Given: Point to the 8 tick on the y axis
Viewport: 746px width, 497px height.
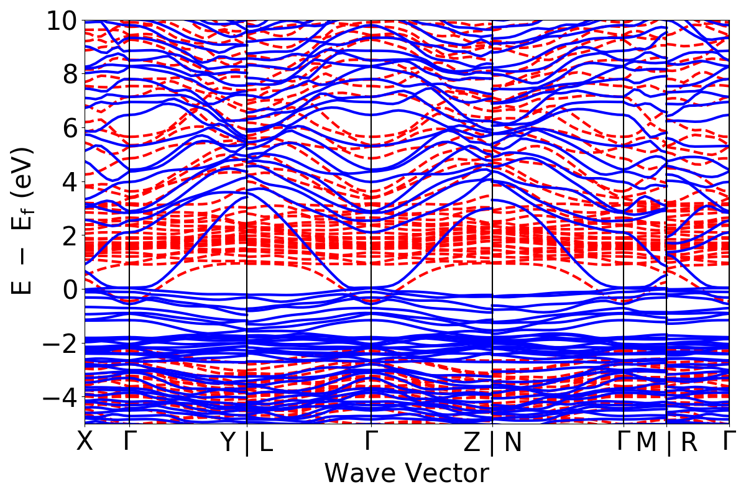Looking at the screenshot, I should [67, 75].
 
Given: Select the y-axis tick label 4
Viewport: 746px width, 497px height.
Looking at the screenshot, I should [67, 182].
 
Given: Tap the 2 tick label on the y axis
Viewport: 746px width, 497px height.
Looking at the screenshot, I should [67, 235].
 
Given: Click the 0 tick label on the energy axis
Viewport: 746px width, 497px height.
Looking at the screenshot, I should [67, 290].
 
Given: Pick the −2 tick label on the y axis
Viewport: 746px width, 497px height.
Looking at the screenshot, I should [59, 343].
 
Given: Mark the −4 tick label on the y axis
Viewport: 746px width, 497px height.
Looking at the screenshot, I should [59, 396].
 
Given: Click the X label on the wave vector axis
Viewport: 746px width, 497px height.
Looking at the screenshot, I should [85, 442].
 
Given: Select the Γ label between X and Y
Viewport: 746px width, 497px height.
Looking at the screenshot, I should [129, 442].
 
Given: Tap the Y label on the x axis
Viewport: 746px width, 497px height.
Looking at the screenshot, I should [229, 442].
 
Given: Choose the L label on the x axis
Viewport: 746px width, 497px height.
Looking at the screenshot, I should [266, 442].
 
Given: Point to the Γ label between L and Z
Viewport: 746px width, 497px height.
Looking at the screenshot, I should [371, 442].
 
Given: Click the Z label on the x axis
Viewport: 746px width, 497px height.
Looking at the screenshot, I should [473, 442].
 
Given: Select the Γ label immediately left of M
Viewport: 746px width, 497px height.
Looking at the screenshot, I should [623, 442].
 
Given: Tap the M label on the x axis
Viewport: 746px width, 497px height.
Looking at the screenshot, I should [647, 442].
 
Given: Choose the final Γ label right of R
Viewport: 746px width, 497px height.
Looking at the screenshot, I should [729, 442].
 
